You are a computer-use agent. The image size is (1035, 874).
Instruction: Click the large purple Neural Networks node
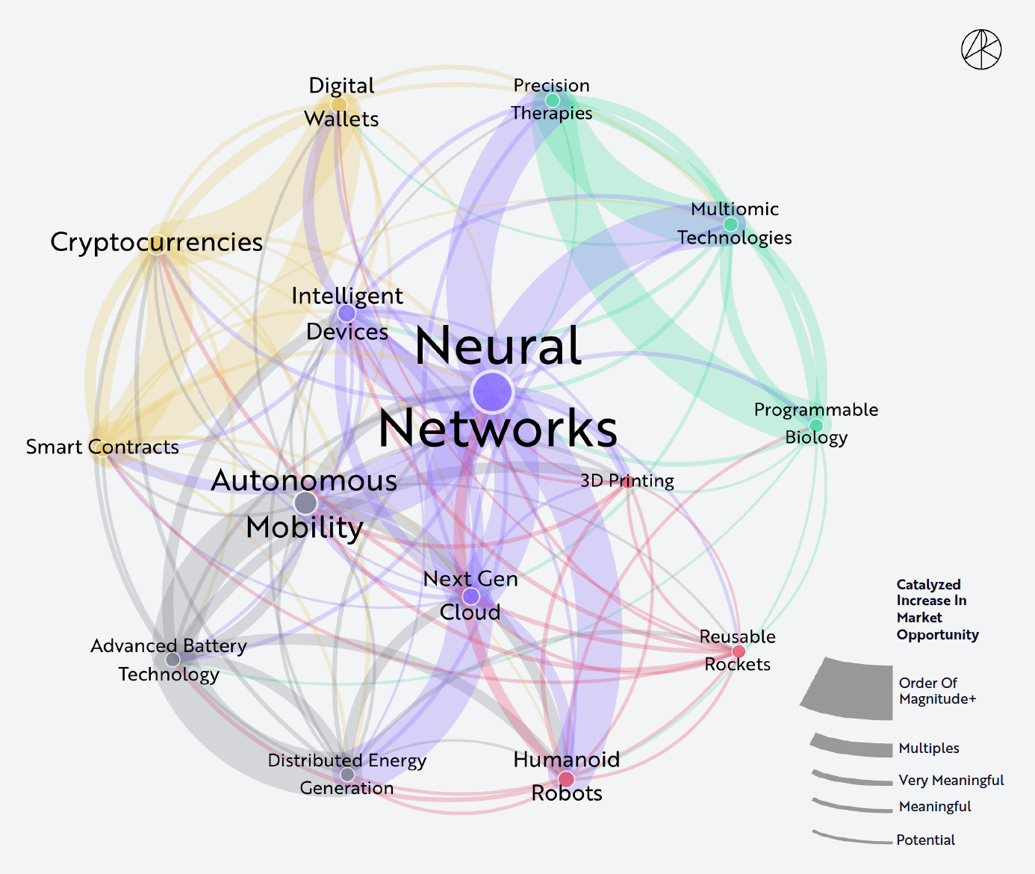492,391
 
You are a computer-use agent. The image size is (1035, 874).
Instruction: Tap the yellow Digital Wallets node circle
339,105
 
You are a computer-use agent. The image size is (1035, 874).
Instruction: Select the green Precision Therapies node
552,100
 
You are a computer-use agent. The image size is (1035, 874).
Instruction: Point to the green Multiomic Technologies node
730,224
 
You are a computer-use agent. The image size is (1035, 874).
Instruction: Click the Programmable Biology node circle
815,425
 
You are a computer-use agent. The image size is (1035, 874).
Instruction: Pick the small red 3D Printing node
628,482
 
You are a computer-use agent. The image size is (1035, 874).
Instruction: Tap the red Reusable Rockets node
739,651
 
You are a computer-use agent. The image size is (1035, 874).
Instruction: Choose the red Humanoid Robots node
566,779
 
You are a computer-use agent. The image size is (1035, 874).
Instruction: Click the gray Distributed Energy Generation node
347,775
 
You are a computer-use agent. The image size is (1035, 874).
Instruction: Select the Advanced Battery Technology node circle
172,660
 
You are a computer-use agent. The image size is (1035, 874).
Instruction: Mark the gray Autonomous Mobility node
306,503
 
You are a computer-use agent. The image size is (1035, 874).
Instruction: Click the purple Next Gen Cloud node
470,595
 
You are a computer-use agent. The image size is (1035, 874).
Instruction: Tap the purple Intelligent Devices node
346,313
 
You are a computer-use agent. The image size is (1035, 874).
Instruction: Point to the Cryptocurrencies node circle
157,244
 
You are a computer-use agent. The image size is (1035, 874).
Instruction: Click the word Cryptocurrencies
156,243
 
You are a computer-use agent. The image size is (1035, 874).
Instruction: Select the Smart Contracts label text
102,447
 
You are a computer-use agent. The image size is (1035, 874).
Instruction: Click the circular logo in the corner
981,49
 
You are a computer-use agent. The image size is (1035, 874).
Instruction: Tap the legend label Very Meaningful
951,781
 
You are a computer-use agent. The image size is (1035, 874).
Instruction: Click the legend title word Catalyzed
928,585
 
